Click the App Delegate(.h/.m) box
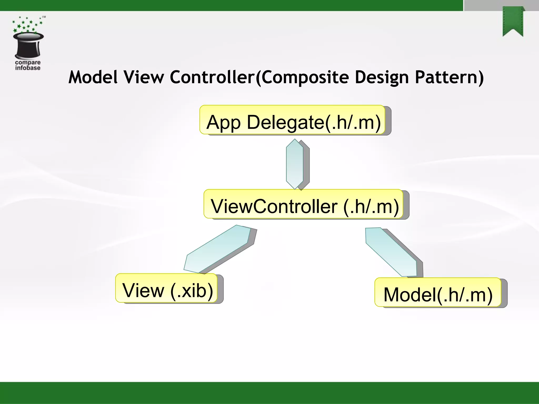point(293,120)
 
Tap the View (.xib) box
point(167,288)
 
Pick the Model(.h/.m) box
point(438,292)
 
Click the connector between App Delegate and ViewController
point(295,164)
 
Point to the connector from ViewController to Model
point(391,252)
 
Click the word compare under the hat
point(28,63)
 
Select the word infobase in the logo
point(28,68)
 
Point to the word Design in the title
point(382,77)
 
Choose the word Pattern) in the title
point(449,77)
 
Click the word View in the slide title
point(144,77)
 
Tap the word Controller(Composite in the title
point(259,77)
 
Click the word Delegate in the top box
point(285,122)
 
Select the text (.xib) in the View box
point(192,291)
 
